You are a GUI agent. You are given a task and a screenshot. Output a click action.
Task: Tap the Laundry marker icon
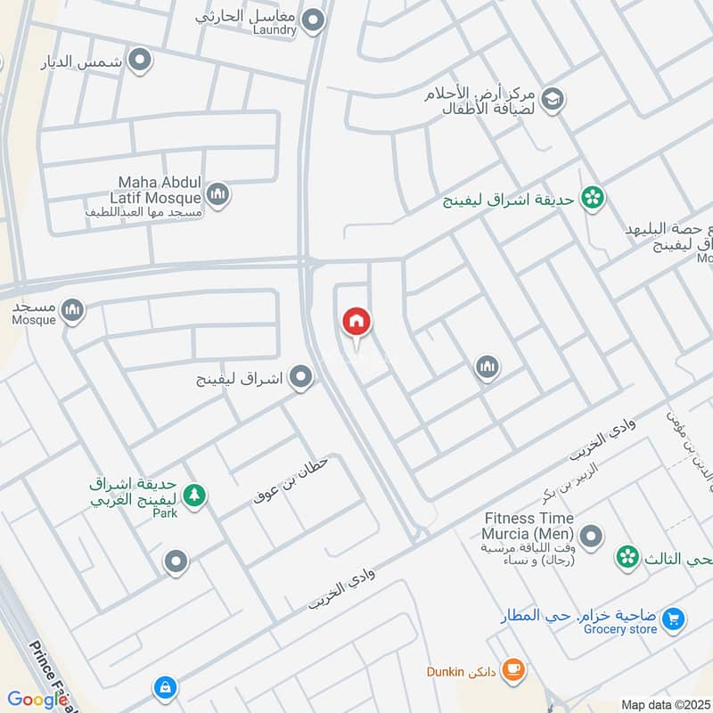pyautogui.click(x=312, y=19)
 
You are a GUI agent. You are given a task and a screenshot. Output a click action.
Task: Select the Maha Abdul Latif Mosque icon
pyautogui.click(x=217, y=193)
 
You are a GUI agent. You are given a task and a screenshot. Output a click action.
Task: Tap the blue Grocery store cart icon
pyautogui.click(x=674, y=617)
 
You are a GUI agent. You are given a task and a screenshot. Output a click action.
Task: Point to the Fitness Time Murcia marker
pyautogui.click(x=589, y=537)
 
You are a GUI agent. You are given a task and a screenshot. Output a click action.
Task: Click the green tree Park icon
pyautogui.click(x=193, y=494)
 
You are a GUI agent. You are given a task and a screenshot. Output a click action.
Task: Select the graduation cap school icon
pyautogui.click(x=552, y=98)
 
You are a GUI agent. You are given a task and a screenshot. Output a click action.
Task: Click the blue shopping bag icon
pyautogui.click(x=164, y=687)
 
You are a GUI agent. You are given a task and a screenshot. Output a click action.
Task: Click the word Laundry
pyautogui.click(x=274, y=29)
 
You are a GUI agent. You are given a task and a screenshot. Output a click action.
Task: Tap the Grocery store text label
pyautogui.click(x=620, y=629)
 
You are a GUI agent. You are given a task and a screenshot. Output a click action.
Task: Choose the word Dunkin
pyautogui.click(x=446, y=671)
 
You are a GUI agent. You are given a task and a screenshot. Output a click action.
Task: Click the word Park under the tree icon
pyautogui.click(x=165, y=512)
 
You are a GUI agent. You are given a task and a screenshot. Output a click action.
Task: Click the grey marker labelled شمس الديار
pyautogui.click(x=139, y=61)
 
